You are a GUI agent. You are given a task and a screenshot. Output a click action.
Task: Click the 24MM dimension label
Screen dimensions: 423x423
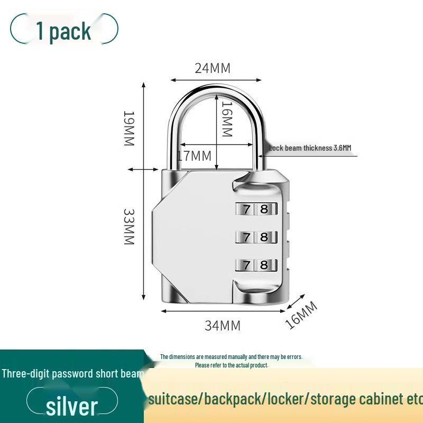213,68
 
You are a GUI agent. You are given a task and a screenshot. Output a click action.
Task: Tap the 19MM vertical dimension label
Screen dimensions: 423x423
129,128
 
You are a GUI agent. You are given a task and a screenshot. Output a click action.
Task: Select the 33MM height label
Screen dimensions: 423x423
129,226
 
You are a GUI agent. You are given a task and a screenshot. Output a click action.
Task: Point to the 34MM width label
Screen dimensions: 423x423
223,325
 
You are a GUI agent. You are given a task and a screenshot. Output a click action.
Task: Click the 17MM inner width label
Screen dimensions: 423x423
194,156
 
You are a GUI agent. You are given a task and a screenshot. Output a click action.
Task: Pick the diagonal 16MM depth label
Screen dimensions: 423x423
301,315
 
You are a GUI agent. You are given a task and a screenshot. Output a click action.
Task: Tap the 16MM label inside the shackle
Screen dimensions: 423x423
227,119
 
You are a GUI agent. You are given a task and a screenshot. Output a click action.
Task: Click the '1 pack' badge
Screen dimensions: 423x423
64,30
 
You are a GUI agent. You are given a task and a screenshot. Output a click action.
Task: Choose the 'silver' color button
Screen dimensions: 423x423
72,406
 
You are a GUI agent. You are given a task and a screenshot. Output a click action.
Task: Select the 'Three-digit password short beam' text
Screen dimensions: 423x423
72,374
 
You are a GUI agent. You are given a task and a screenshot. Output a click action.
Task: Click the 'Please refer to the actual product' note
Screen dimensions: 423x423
232,365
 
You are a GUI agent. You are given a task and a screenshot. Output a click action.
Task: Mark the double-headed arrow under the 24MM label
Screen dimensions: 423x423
216,80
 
